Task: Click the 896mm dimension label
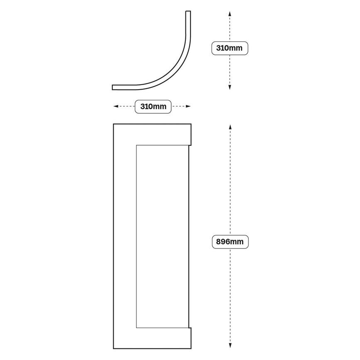point(230,242)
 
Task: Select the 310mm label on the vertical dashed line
point(229,48)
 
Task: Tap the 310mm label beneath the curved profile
point(153,107)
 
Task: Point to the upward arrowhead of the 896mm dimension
point(230,127)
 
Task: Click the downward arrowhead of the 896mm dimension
point(230,345)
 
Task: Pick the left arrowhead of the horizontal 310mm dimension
point(116,106)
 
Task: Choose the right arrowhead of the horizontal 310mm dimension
point(188,106)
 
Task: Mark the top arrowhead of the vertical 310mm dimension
point(230,14)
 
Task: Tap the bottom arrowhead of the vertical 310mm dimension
point(230,87)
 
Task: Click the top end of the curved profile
point(188,11)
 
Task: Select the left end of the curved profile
point(112,88)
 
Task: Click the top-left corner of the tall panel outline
point(113,124)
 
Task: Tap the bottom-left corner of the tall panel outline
point(113,348)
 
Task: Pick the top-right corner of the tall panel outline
point(191,124)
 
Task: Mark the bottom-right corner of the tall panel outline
point(191,348)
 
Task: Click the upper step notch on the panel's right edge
point(190,145)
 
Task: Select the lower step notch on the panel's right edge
point(190,328)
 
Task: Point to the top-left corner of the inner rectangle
point(136,145)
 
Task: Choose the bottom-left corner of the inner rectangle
point(136,328)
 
